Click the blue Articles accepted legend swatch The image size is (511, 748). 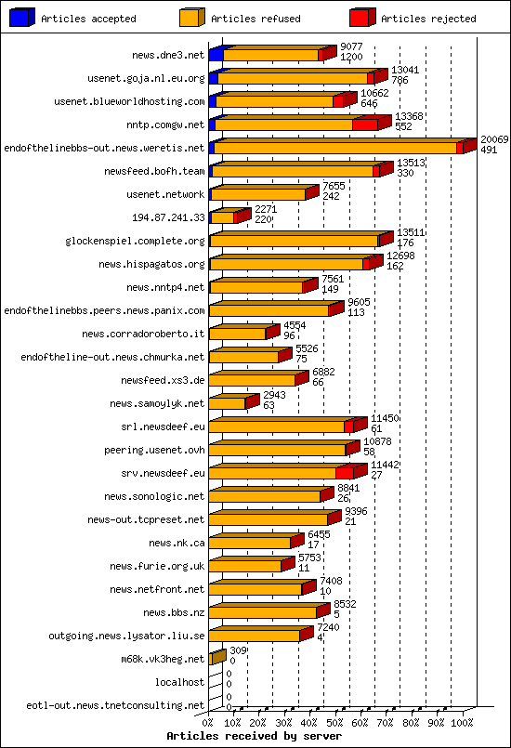point(22,18)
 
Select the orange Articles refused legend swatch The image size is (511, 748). point(192,18)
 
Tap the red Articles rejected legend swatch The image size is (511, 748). point(362,18)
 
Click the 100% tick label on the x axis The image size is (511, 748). point(462,721)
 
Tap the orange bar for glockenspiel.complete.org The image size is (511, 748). point(294,242)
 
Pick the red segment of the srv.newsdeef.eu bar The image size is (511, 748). point(345,473)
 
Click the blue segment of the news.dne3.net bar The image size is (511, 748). point(216,56)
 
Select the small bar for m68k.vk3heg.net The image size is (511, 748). point(216,659)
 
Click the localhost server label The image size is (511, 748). point(180,682)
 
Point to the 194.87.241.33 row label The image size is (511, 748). point(168,217)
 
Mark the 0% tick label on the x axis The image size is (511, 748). point(208,721)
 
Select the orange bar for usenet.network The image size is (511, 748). point(258,195)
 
